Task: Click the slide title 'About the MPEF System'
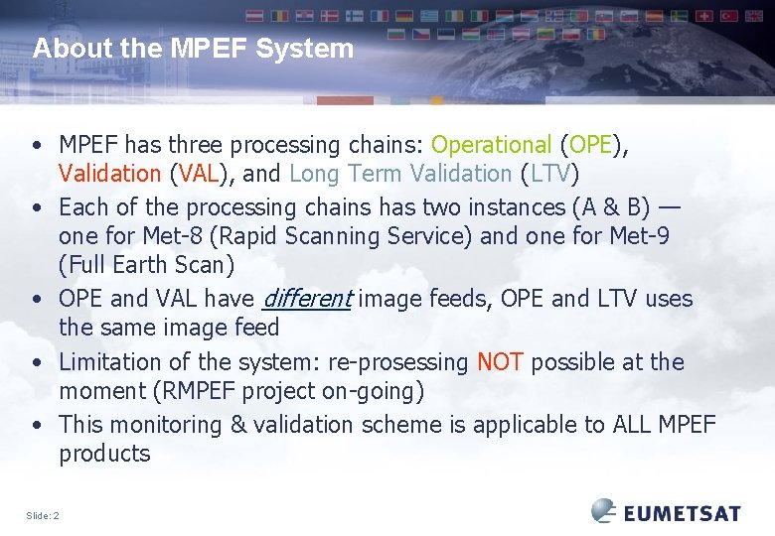[x=193, y=49]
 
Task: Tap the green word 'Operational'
[x=491, y=145]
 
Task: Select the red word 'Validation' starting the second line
[x=109, y=174]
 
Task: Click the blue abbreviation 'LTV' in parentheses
[x=549, y=174]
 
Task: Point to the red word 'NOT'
[x=500, y=362]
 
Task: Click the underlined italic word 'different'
[x=306, y=299]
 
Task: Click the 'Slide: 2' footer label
[x=43, y=515]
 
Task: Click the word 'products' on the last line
[x=104, y=454]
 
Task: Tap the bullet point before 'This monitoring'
[x=37, y=426]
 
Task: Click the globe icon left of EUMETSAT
[x=604, y=511]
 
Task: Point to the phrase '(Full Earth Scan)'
[x=147, y=265]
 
